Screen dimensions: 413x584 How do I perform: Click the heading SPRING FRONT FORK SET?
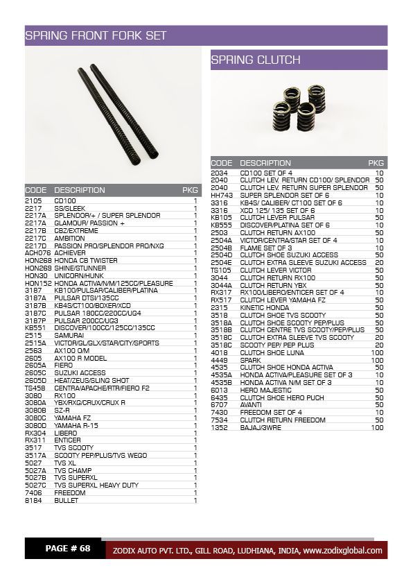[x=95, y=35]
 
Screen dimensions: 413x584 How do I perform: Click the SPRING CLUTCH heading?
[x=256, y=60]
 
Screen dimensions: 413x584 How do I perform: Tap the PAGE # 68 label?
[x=68, y=549]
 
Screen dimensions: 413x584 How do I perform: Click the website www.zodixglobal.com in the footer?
[x=342, y=551]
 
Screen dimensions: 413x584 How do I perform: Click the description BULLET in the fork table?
[x=67, y=499]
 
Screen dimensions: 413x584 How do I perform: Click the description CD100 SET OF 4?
[x=266, y=172]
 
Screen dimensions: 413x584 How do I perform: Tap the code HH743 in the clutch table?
[x=220, y=195]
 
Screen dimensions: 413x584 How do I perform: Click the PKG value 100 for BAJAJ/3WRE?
[x=377, y=427]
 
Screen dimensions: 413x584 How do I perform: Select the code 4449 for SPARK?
[x=219, y=360]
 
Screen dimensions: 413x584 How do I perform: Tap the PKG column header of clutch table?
[x=376, y=163]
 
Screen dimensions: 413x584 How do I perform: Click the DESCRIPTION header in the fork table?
[x=80, y=190]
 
